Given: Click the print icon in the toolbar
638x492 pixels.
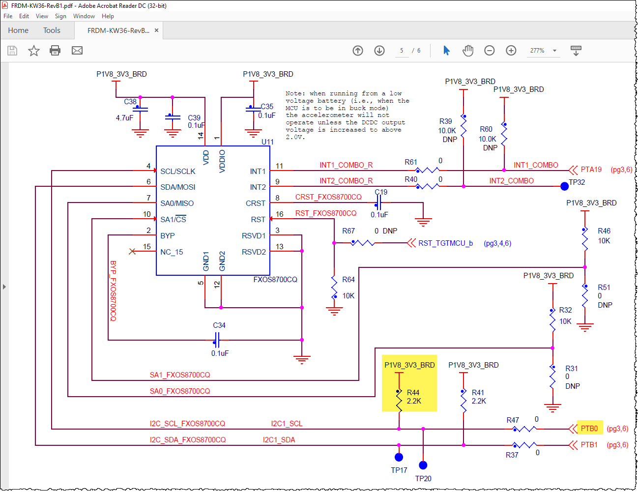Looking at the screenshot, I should [x=55, y=51].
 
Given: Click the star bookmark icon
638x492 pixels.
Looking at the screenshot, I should [x=33, y=51].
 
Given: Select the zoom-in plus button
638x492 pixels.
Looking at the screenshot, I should [x=511, y=51].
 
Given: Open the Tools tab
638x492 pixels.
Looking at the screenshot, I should [x=52, y=30].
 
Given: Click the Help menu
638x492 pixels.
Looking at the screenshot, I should [x=108, y=16].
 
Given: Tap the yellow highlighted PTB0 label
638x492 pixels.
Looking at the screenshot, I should [x=589, y=429].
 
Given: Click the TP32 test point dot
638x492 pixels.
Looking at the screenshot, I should [x=564, y=186].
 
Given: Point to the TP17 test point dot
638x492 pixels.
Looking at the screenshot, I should [x=399, y=458].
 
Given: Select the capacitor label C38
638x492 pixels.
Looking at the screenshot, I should [x=130, y=102].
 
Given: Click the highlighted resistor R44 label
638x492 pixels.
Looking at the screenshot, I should [x=413, y=393].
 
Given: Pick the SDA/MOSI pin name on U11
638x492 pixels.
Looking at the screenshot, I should [x=177, y=187].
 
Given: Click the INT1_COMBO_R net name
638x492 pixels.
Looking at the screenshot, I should [x=346, y=165].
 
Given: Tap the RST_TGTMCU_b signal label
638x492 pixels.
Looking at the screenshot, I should [x=445, y=243].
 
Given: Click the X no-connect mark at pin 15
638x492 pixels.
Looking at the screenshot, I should [x=132, y=252].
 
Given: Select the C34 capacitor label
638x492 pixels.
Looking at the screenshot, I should [x=219, y=325].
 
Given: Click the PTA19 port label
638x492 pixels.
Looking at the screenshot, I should [x=591, y=170].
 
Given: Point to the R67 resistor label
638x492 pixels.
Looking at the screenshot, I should [x=348, y=231].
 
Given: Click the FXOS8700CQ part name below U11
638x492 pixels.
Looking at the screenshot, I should [x=275, y=280].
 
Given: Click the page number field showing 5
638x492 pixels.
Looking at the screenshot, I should [x=402, y=51].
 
